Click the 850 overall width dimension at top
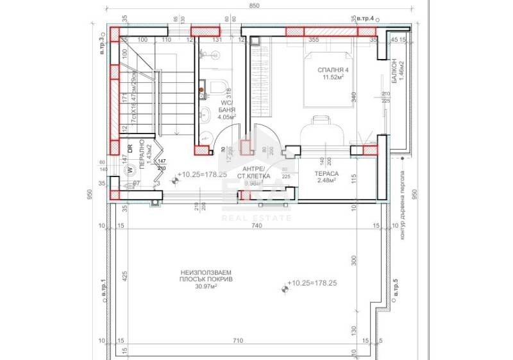[255, 6]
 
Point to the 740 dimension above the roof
[256, 227]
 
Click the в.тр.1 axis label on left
[103, 289]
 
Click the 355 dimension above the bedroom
[313, 40]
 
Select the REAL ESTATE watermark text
[256, 218]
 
